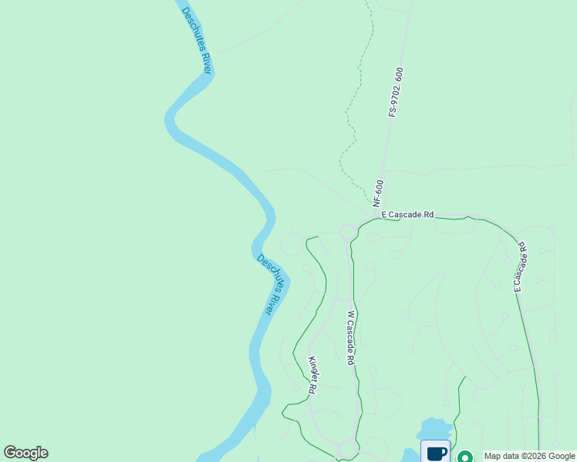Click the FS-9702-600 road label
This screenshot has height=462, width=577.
coord(397,92)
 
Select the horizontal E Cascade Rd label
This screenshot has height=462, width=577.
coord(407,215)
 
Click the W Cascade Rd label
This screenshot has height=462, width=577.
coord(350,337)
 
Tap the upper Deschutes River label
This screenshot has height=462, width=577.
coord(197,42)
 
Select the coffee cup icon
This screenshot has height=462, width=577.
coord(436,452)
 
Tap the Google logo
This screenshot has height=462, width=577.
coord(25,453)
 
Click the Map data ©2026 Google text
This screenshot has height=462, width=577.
coord(528,456)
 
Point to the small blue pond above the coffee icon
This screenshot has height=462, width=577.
coord(435,428)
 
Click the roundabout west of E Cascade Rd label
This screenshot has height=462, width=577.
coord(347,231)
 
